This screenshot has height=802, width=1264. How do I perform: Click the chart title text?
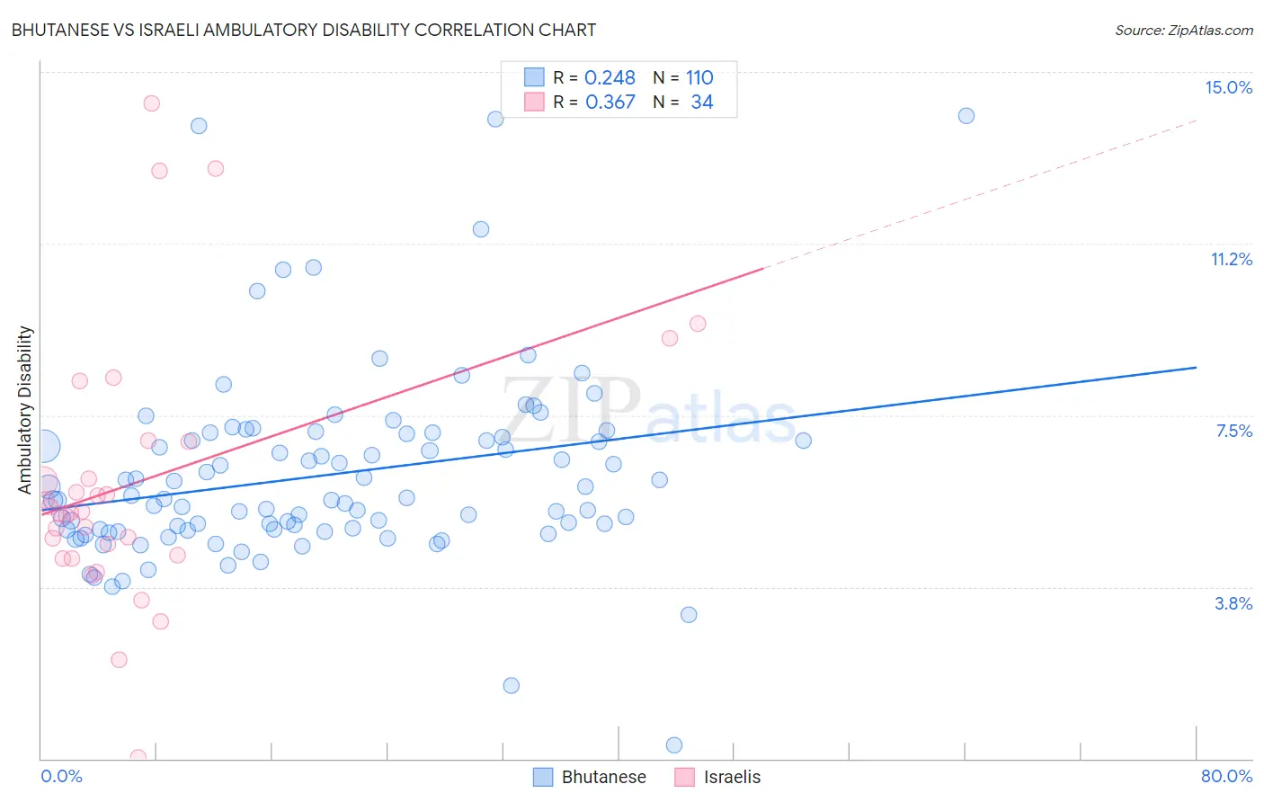(x=303, y=30)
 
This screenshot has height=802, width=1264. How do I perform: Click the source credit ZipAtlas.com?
(x=1183, y=30)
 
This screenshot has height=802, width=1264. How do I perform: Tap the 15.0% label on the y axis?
(x=1228, y=87)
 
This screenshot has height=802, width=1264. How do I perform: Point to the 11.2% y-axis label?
(x=1231, y=259)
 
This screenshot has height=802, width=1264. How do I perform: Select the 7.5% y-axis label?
(x=1233, y=431)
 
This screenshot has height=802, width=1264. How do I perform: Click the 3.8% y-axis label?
(x=1233, y=603)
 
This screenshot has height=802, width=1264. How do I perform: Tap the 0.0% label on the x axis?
(x=61, y=776)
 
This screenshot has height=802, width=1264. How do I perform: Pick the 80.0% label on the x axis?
(x=1226, y=776)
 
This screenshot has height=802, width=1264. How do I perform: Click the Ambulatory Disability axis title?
(x=25, y=409)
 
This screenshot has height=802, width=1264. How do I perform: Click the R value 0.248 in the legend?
(x=610, y=77)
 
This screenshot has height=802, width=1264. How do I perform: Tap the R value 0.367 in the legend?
(x=610, y=102)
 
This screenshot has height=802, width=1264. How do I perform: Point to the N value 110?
(x=699, y=77)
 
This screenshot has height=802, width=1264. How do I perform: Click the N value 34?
(x=701, y=102)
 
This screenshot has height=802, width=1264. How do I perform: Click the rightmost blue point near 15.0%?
(x=966, y=115)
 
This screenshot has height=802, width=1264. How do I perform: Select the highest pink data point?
(x=152, y=103)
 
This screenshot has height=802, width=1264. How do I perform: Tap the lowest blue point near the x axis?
(x=674, y=744)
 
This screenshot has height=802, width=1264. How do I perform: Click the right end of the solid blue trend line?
(x=1196, y=367)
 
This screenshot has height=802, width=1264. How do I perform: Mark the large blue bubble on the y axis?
(x=43, y=445)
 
